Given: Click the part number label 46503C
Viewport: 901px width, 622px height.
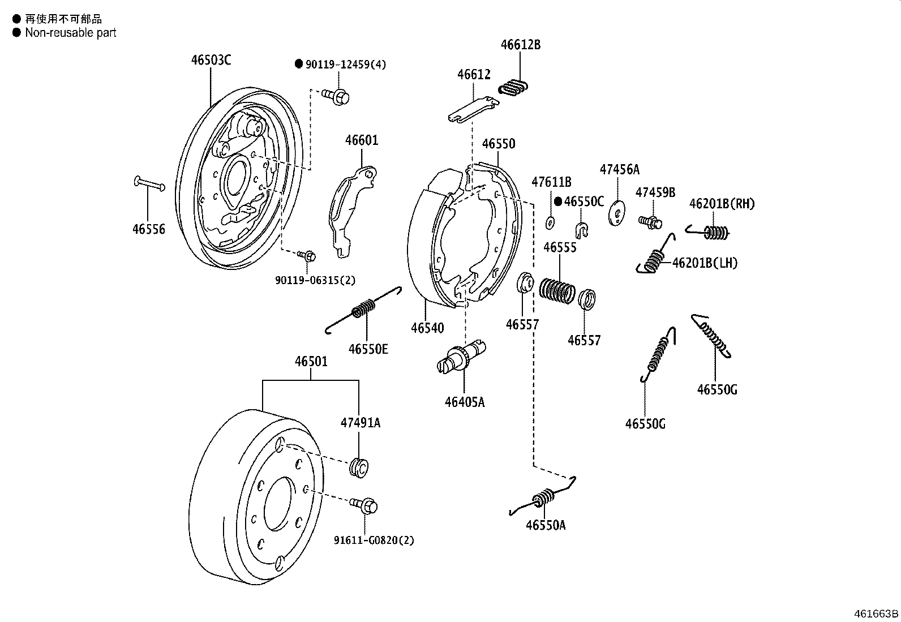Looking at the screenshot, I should point(211,60).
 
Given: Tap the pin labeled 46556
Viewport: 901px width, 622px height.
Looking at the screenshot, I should point(149,184).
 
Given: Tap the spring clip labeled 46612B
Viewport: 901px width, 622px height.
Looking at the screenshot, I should point(515,88).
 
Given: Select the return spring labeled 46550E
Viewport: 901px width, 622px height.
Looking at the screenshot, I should point(364,309).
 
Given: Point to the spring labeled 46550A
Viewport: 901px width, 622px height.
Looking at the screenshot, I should point(543,498).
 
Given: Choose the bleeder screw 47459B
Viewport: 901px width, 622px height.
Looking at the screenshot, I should point(650,221).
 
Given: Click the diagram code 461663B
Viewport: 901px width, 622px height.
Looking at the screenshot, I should point(876,614).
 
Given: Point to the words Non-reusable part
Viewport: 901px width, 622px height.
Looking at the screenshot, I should point(70,33).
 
